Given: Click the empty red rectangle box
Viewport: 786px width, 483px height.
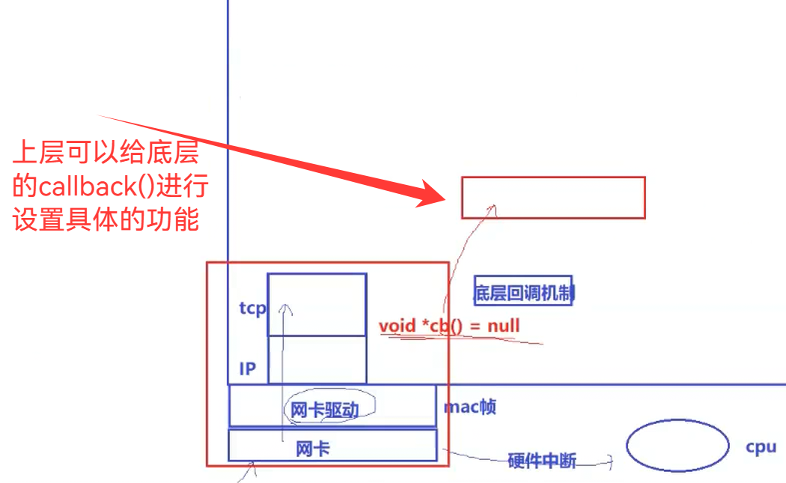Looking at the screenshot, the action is [x=553, y=197].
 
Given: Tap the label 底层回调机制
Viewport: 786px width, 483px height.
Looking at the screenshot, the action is [x=523, y=293].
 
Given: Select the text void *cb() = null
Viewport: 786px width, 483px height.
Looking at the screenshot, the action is [x=449, y=326].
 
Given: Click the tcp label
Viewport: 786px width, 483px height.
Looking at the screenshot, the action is [x=252, y=308].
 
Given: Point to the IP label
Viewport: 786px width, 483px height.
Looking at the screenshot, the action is [x=248, y=368].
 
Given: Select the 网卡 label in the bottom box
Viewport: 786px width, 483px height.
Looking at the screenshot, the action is [x=313, y=449].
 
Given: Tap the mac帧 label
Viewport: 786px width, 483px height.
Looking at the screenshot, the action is [x=469, y=407].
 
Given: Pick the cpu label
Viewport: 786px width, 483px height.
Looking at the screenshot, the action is [x=761, y=448].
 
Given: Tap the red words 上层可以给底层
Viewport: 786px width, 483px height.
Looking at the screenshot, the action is [x=106, y=154].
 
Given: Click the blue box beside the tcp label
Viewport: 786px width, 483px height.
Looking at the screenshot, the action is [x=317, y=304].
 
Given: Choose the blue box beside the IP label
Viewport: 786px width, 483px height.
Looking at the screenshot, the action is [x=317, y=359].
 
